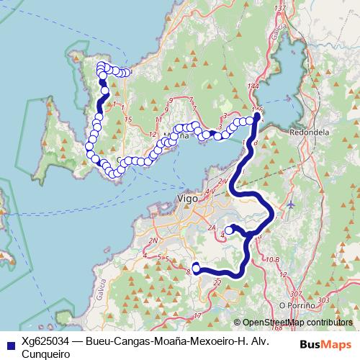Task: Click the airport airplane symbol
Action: click(290, 204)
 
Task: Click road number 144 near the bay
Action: click(253, 86)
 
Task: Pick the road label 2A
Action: click(212, 228)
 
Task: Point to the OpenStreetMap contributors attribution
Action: click(297, 323)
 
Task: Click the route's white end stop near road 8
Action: click(195, 267)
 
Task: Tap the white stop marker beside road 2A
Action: click(228, 230)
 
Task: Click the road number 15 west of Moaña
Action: click(127, 118)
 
